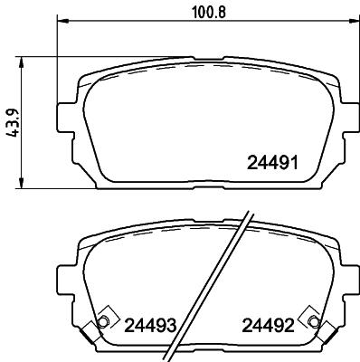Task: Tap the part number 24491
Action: coord(274,164)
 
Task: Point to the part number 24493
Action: coord(150,324)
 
